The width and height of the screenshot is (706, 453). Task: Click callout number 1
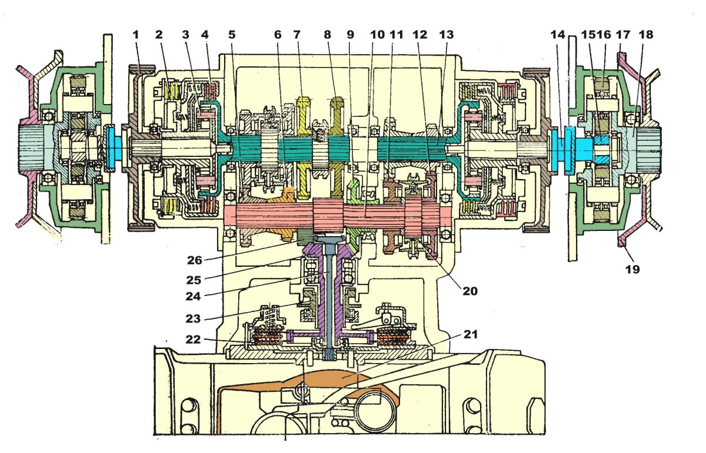point(136,35)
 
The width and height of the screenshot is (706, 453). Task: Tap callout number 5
point(232,35)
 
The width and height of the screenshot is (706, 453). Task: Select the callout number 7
point(298,35)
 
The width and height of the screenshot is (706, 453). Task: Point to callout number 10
point(375,35)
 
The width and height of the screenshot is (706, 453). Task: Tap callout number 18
point(646,35)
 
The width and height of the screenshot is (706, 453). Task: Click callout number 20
point(469,290)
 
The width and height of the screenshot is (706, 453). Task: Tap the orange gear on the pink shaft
point(286,197)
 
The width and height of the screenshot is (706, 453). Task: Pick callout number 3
point(185,35)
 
